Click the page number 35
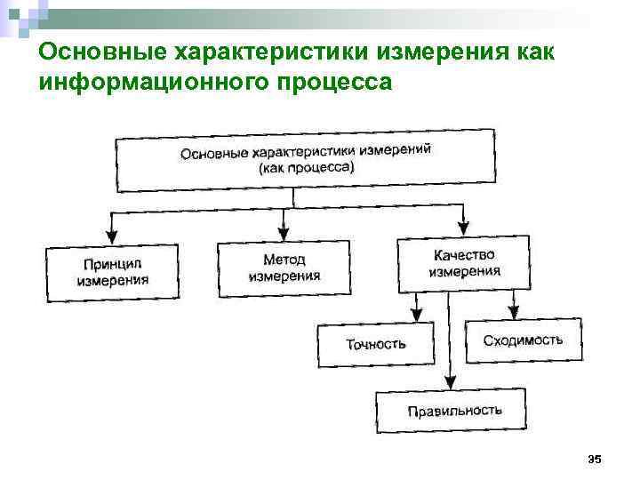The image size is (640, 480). click(595, 459)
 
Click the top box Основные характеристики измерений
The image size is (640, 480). click(306, 159)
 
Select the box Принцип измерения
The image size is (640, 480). click(112, 272)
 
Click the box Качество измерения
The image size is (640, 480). click(464, 262)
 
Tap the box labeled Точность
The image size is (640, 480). click(376, 344)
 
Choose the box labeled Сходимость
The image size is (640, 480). click(523, 340)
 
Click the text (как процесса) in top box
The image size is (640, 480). click(306, 168)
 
